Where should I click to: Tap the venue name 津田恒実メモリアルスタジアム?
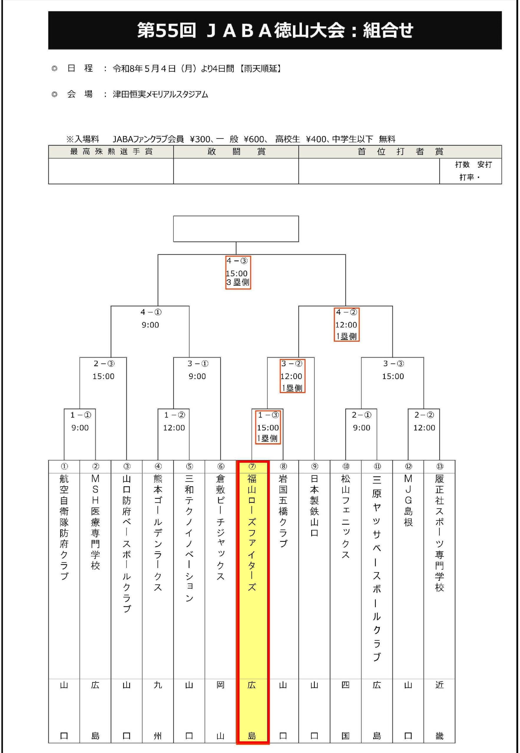coord(160,94)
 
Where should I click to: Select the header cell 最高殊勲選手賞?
coord(111,152)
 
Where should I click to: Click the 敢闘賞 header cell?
coord(236,152)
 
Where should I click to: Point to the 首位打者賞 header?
coord(400,152)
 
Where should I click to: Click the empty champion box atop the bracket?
coord(236,229)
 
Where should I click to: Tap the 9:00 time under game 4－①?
coord(150,325)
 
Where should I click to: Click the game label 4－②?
coord(346,312)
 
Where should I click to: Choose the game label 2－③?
coord(103,364)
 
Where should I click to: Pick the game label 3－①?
coord(198,364)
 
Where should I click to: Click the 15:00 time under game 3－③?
coord(393,376)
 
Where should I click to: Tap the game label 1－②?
coord(174,415)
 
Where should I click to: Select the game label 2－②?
coord(424,415)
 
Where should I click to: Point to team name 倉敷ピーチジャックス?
coord(221,527)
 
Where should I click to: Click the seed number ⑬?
coord(440,466)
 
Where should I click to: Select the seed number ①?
coord(64,466)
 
